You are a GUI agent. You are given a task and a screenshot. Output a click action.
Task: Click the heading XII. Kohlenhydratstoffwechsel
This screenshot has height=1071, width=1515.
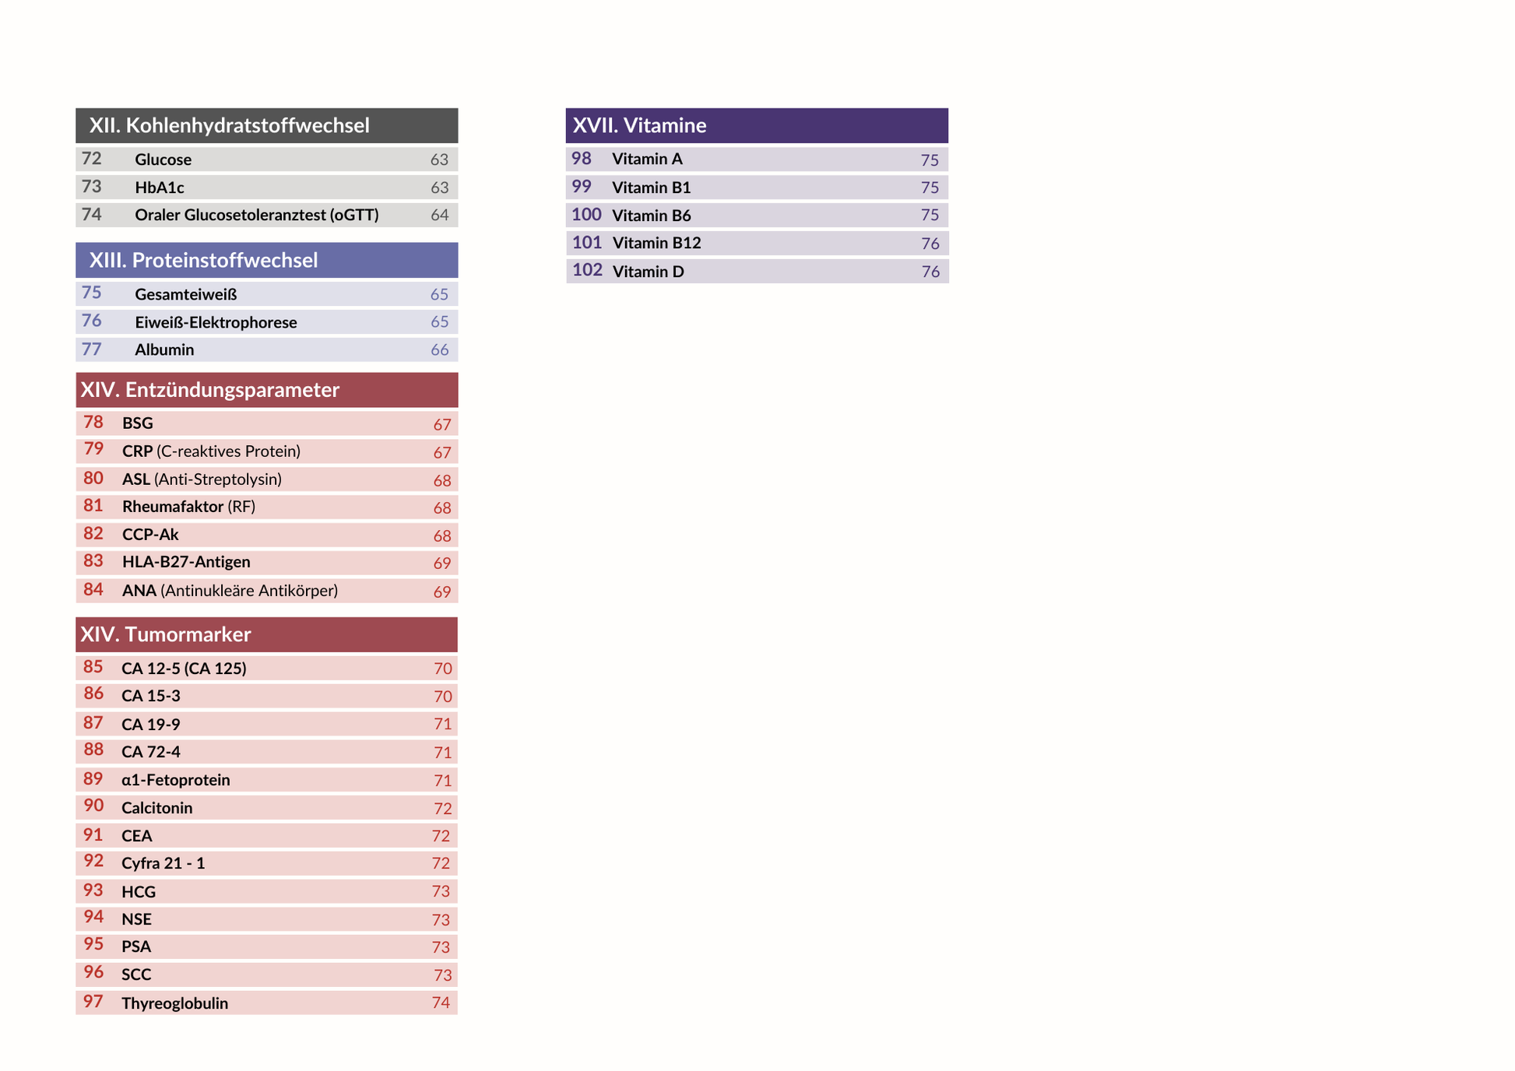pos(229,125)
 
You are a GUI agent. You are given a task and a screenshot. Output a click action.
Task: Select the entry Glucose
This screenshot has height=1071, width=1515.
pos(163,160)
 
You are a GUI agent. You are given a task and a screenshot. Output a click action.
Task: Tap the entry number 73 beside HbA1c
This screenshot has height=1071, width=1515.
pos(92,187)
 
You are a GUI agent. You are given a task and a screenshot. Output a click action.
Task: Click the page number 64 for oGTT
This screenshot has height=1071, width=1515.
pos(439,215)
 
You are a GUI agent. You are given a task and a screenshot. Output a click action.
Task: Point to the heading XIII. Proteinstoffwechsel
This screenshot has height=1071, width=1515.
pos(203,260)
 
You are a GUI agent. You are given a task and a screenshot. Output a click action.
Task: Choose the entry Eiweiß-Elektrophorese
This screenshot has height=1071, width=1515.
pos(216,322)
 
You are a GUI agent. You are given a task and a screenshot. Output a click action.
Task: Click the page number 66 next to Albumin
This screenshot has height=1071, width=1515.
pos(439,350)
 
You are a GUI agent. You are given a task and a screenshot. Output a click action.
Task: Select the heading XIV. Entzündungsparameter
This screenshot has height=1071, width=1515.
pos(210,390)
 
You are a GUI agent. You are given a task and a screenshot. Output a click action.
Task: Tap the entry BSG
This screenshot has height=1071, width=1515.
pos(138,423)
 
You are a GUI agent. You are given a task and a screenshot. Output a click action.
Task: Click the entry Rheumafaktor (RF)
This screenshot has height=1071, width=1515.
pos(188,507)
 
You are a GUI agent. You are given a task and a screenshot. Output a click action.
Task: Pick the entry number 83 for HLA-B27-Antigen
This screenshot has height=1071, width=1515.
pos(93,561)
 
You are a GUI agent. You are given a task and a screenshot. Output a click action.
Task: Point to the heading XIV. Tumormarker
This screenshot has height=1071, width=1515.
pos(166,634)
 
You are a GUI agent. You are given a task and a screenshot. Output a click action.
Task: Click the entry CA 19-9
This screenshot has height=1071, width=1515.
pos(150,725)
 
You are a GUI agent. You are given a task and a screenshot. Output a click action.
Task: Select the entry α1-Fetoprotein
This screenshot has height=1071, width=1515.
pos(176,780)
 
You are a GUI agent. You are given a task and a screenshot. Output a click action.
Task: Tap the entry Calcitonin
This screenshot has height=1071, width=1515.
pos(156,808)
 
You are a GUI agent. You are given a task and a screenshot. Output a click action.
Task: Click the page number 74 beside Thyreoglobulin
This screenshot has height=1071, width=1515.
pos(441,1003)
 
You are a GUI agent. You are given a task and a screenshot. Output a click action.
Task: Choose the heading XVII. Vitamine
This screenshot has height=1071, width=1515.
pos(639,125)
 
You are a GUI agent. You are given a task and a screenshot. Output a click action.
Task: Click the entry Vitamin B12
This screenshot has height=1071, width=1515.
pos(656,243)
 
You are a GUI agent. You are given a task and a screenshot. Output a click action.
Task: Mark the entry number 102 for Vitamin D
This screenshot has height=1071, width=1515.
pos(587,270)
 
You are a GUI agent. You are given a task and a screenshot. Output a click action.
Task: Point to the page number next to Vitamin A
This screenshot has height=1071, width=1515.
pos(930,160)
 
